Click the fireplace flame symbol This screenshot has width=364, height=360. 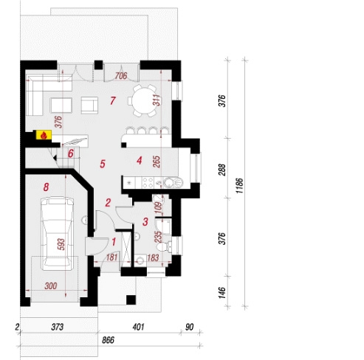(x=44, y=135)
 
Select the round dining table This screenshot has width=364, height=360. (x=144, y=100)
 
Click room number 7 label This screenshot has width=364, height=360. (x=113, y=100)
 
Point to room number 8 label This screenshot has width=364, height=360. (x=46, y=187)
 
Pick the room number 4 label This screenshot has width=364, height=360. (x=140, y=161)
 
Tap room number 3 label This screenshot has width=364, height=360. (x=145, y=221)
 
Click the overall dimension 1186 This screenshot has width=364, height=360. (x=240, y=185)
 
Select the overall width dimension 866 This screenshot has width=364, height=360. (x=109, y=340)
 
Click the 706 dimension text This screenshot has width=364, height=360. (x=121, y=76)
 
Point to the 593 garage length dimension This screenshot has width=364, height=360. (x=61, y=244)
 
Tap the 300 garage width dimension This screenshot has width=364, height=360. (x=51, y=285)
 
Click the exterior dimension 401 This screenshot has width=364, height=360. (x=138, y=327)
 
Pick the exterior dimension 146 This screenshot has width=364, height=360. (x=222, y=292)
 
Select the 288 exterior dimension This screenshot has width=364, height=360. (x=222, y=170)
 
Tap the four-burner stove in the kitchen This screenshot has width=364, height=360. (x=148, y=182)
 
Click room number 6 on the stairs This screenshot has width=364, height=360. (x=71, y=153)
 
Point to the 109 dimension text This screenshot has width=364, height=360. (x=159, y=208)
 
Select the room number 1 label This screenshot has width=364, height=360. (x=114, y=242)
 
